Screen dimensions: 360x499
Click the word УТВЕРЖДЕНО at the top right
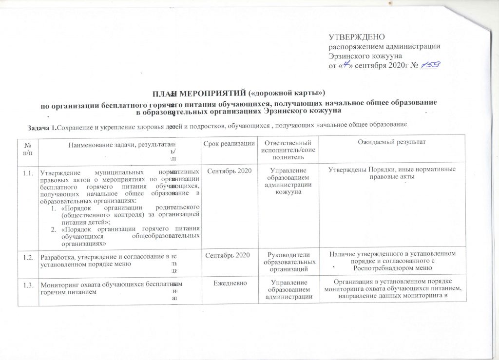pos(357,38)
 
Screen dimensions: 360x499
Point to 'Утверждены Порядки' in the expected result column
pos(364,170)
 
